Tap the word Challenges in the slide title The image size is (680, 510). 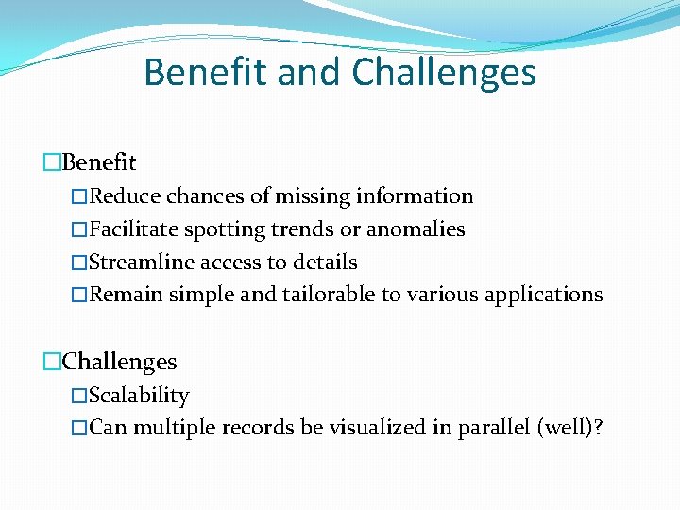point(444,72)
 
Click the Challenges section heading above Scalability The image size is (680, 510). point(119,362)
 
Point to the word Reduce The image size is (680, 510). point(125,196)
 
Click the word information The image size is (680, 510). point(415,196)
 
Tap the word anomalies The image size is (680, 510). point(416,229)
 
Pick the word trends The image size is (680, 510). point(305,229)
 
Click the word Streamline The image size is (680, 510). point(139,263)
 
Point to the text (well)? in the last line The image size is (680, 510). point(569,428)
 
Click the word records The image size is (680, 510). point(259,428)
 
